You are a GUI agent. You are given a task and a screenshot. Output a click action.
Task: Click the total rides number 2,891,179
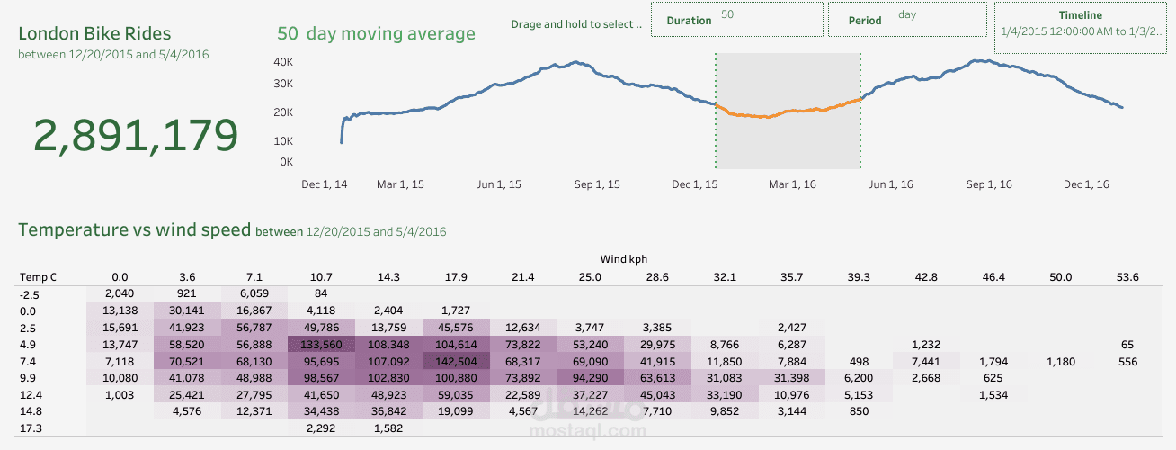(x=136, y=135)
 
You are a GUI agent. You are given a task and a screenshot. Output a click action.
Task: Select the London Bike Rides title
(x=94, y=34)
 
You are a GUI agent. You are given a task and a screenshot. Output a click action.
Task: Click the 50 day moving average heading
(x=376, y=34)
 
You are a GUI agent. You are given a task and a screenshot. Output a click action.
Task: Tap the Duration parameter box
(x=736, y=20)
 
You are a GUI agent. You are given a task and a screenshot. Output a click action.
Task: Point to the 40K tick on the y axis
(x=283, y=62)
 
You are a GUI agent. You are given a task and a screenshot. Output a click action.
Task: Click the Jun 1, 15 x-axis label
(x=499, y=184)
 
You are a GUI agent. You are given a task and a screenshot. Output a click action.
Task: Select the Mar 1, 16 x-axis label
(x=793, y=184)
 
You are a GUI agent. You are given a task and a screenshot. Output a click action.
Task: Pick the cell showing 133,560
(x=322, y=345)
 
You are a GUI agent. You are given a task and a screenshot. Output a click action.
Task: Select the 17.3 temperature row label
(x=31, y=429)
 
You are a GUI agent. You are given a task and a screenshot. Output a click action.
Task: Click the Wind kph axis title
(x=624, y=259)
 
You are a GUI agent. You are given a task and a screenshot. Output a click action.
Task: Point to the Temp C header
(x=38, y=277)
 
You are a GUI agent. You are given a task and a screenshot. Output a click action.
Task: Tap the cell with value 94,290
(x=589, y=378)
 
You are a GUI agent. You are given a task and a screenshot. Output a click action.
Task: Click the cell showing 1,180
(x=1061, y=362)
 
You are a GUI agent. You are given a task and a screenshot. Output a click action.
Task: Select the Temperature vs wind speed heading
(x=135, y=230)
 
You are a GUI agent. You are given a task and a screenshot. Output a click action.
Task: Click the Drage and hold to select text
(x=575, y=24)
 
